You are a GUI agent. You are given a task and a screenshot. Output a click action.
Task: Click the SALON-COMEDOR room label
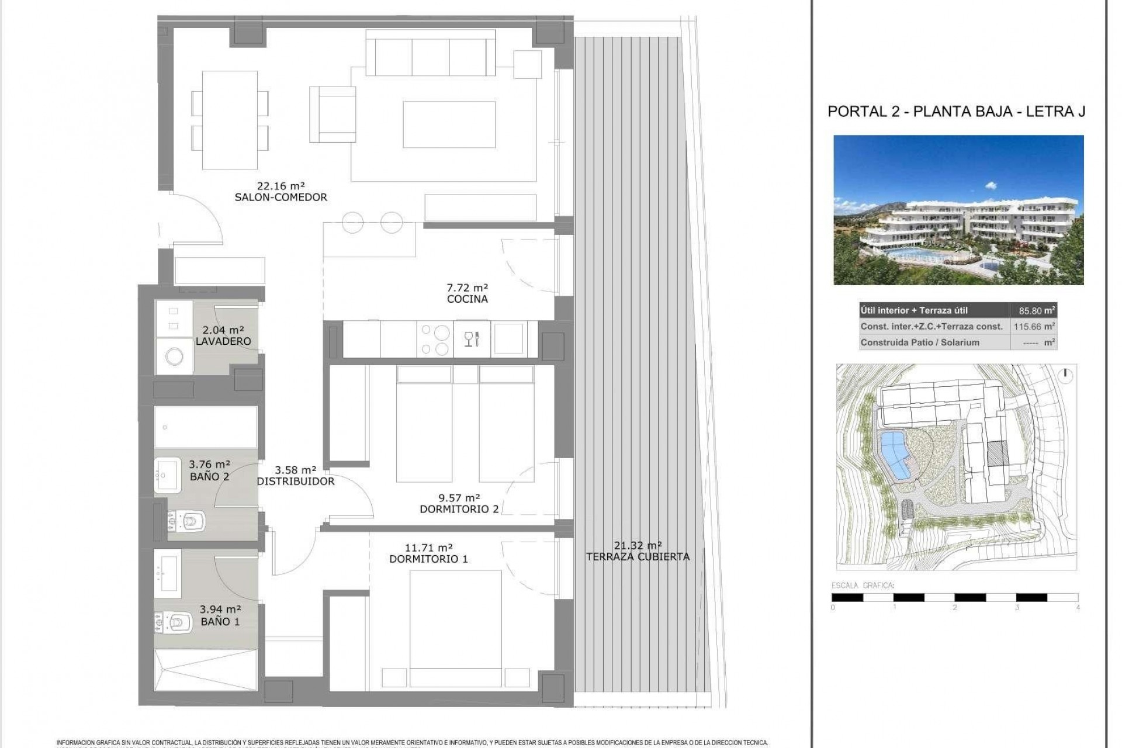point(280,198)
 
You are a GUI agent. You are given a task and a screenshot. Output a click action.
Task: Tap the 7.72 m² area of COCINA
point(467,288)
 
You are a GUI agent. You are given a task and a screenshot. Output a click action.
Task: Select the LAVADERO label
point(223,341)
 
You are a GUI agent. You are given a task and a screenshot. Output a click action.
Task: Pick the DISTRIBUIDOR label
point(296,482)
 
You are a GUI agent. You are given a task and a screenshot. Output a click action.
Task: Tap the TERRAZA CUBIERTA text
point(638,557)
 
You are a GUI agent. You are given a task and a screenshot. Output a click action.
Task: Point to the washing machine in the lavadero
point(174,356)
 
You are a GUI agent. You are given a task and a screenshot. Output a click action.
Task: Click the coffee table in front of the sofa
point(449,124)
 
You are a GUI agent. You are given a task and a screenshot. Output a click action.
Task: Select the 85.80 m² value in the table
point(1033,311)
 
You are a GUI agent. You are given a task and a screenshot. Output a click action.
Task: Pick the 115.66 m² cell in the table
point(1033,327)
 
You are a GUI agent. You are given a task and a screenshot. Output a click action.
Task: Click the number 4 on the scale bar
point(1078,607)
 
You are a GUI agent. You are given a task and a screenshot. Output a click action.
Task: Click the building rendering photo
point(958,210)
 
